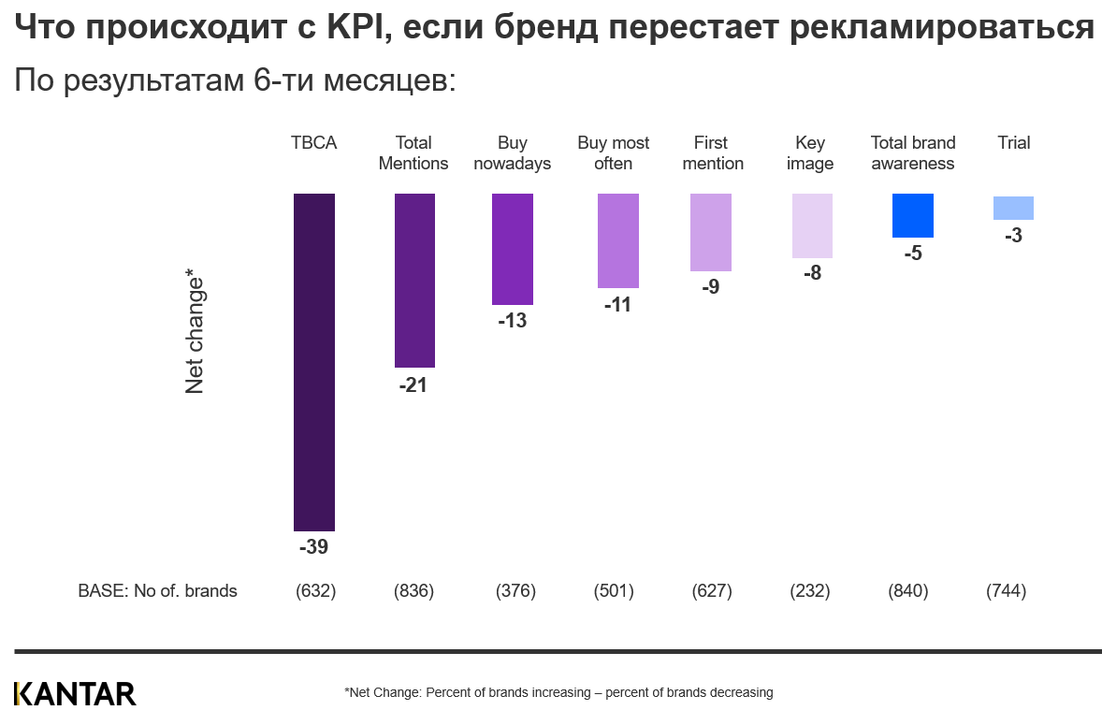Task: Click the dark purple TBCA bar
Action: coord(314,362)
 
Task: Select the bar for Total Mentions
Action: coord(414,281)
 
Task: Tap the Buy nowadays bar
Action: coord(513,249)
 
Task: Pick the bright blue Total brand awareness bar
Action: coord(913,215)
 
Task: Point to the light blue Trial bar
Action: coord(1013,208)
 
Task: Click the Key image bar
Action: coord(812,225)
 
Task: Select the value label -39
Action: coord(313,547)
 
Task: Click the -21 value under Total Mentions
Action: coord(413,384)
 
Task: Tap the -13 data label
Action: coord(512,321)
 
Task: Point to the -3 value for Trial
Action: coord(1013,236)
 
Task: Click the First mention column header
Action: coord(711,153)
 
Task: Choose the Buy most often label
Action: coord(614,153)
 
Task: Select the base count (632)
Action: coord(315,591)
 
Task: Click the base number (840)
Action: coord(907,591)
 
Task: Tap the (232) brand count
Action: coord(810,591)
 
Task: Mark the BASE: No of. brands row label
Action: coord(157,591)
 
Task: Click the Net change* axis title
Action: coord(195,331)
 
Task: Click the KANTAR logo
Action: coord(75,693)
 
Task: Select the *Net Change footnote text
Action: coord(558,693)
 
